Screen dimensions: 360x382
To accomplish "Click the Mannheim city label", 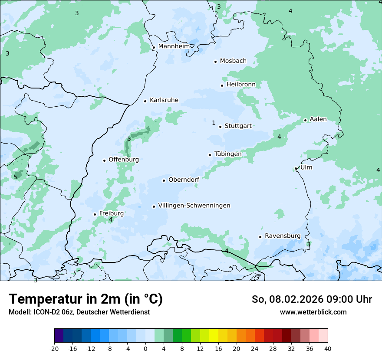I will click(x=174, y=46).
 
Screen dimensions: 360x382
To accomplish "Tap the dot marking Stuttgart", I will click(x=221, y=127).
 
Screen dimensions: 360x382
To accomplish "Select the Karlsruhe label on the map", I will click(x=164, y=100).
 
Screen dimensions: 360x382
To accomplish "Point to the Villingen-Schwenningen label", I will click(x=194, y=206).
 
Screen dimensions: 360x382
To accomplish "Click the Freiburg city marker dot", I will click(x=95, y=214).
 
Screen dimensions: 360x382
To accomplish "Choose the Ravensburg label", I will click(x=282, y=236).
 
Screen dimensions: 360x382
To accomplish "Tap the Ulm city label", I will click(x=306, y=167).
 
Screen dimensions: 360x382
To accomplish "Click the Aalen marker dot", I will click(x=305, y=120).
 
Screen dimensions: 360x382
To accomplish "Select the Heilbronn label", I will click(x=241, y=85).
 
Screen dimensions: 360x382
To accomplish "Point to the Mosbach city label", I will click(x=233, y=61).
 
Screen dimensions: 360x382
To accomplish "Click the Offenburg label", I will click(x=124, y=160).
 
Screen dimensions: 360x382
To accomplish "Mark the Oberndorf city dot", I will click(x=164, y=180).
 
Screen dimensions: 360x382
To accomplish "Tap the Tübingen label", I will click(x=228, y=154).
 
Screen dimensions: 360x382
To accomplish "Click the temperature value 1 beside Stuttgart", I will click(x=214, y=123).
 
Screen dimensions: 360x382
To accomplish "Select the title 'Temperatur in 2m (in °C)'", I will click(x=86, y=299).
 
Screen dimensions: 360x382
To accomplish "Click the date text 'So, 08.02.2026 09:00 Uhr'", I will click(x=312, y=299).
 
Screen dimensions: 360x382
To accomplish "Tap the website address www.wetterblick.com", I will click(x=313, y=312).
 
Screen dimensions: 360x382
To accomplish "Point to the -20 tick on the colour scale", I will click(x=54, y=348).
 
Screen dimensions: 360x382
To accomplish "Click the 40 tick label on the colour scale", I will click(x=328, y=348).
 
